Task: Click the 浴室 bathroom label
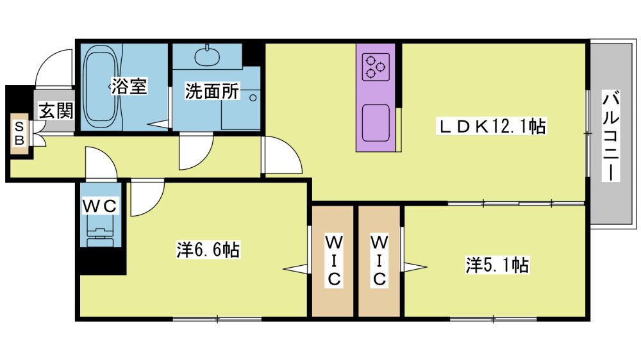coord(129,86)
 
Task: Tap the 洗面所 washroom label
coord(212,91)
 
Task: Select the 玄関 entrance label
coord(56,110)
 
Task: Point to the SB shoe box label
coord(19,133)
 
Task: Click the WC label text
coord(101,206)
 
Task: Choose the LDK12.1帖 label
coord(492,126)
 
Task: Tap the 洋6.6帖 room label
coord(208,249)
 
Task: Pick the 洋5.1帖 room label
coord(497,265)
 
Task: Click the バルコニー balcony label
coord(611,136)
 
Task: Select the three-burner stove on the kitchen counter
coord(375,67)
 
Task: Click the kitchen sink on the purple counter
coord(375,122)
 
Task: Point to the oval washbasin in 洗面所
coord(207,56)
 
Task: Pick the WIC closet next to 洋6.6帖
coord(333,261)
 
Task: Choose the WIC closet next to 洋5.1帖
coord(379,261)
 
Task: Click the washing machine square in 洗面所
coord(241,110)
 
